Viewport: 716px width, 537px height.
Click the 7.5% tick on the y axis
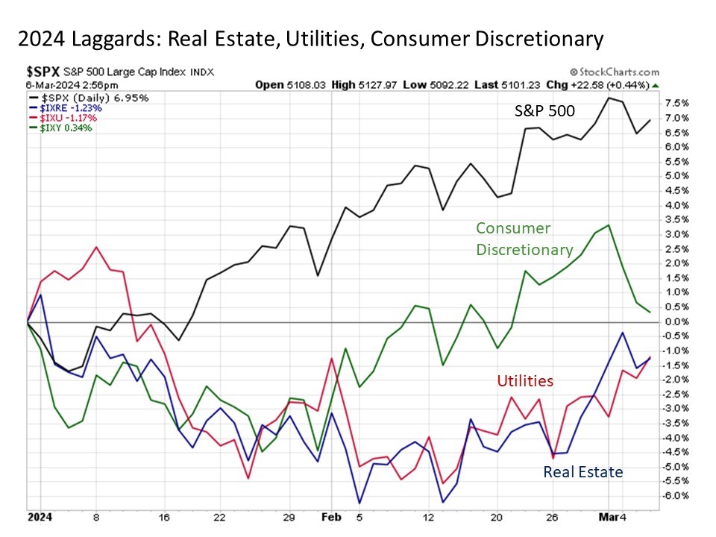coord(676,103)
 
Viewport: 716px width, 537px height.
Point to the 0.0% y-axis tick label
coord(676,321)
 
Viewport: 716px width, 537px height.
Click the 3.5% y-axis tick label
coord(676,219)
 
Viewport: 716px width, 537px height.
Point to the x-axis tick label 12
coord(427,516)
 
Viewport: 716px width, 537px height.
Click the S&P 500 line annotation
coord(547,110)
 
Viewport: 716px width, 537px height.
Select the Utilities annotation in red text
coord(525,381)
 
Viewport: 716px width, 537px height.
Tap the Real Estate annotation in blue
coord(582,471)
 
